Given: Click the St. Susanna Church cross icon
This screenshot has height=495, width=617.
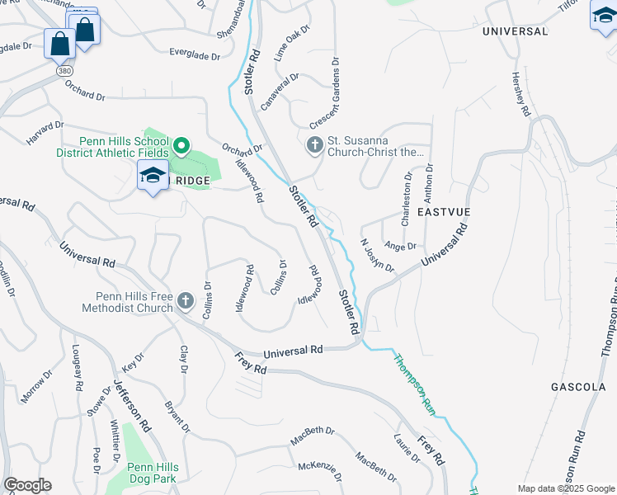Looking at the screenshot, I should tap(314, 146).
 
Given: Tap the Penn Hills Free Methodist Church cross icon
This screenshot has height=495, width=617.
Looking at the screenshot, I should tap(186, 300).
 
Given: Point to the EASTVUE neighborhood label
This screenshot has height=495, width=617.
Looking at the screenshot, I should tap(443, 212).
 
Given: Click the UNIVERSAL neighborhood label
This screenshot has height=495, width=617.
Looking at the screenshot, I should tap(515, 31).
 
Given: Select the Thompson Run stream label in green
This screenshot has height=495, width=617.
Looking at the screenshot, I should tap(414, 384).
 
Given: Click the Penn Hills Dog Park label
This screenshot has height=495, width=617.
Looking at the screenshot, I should tap(152, 472).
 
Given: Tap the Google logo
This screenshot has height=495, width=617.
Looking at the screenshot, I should tap(27, 485).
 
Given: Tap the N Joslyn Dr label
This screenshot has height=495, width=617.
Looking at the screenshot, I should tap(378, 255).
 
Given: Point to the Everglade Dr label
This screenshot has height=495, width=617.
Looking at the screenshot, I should tap(195, 56).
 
